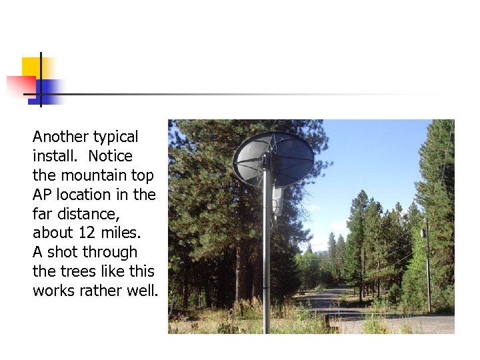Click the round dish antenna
(273, 159)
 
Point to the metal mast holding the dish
(267, 267)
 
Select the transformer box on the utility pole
(423, 233)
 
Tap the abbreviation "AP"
(42, 195)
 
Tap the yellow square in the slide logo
(32, 67)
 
